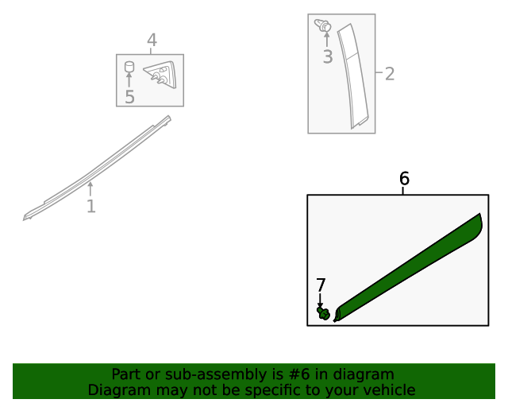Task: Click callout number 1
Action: pos(91,207)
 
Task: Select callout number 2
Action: pos(390,74)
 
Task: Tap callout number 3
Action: pos(328,56)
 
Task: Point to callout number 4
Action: pos(152,41)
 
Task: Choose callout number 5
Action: pos(129,97)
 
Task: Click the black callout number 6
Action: pos(404,179)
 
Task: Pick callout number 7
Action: pos(321,285)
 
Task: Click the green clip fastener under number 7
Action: pos(323,313)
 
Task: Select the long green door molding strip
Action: pos(408,268)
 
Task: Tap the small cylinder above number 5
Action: pos(129,68)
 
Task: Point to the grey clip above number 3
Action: pos(323,25)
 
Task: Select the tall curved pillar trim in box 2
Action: pos(353,76)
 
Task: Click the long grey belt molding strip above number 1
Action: pos(97,169)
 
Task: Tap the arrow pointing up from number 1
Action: pos(90,189)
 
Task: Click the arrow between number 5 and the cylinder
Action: pos(129,80)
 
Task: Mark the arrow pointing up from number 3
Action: pos(327,40)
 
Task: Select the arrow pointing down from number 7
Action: pos(320,300)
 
